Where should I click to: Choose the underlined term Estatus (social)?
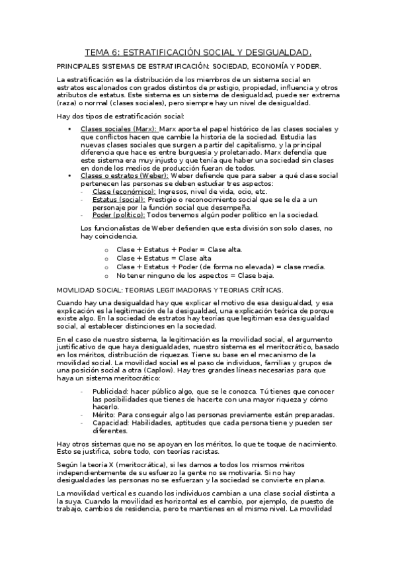(119, 198)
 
